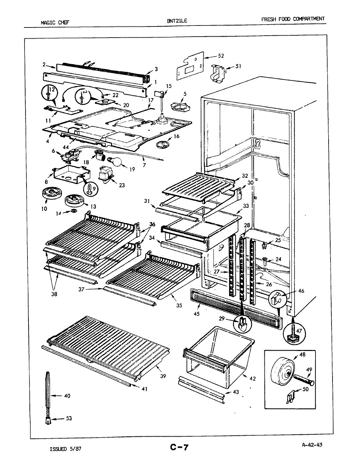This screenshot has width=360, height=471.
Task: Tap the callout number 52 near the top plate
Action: [x=221, y=56]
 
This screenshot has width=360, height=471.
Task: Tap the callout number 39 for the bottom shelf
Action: [x=163, y=376]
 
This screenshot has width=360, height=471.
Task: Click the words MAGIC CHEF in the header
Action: [x=55, y=23]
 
